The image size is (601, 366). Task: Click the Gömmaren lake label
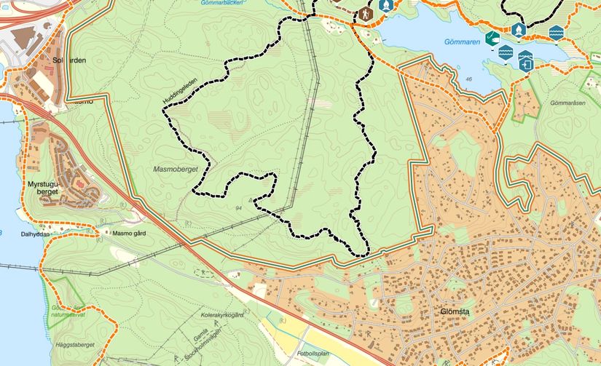coord(460,41)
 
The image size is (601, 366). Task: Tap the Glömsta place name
coord(455,312)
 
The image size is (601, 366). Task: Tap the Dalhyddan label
coord(35,234)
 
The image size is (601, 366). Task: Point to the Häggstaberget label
coord(74,343)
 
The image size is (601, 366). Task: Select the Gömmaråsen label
coord(569,103)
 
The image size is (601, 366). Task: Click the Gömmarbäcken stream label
coord(221,3)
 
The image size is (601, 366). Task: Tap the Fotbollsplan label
coord(313,353)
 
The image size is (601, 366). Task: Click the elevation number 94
coord(239,209)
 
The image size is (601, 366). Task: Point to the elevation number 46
coord(468,79)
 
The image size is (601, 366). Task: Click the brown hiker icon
coord(364,14)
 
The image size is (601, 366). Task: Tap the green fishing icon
coord(493,36)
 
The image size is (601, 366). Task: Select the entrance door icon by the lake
coord(526,63)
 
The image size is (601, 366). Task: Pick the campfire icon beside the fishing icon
coord(518,30)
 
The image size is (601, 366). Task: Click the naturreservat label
coord(67,316)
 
